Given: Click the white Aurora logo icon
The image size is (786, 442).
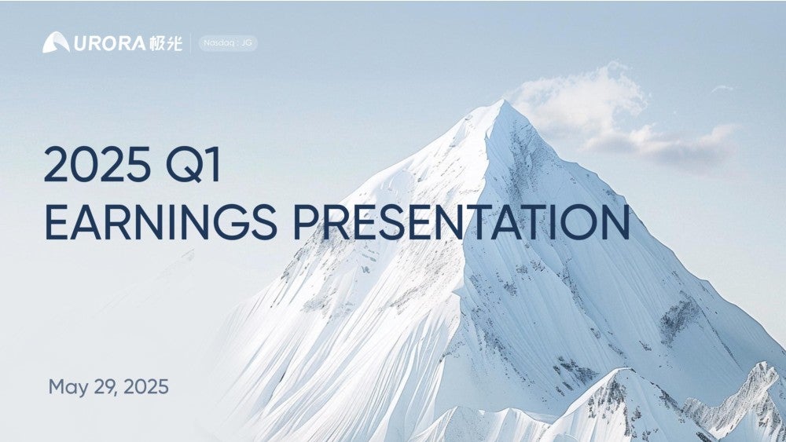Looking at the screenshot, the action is click(x=56, y=42).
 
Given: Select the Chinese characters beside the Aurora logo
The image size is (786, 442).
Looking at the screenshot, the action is click(x=165, y=43).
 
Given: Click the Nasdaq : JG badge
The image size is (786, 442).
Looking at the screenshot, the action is click(x=228, y=43).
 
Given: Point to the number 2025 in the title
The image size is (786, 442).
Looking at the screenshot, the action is click(x=97, y=164).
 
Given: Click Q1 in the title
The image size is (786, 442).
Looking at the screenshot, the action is click(x=193, y=165).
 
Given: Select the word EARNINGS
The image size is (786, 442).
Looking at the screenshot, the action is click(x=161, y=221).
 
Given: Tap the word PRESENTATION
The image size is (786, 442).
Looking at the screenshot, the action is click(x=461, y=221).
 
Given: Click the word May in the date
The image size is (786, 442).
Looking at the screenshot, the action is click(x=68, y=388).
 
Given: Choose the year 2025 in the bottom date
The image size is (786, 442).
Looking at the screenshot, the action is click(x=146, y=387).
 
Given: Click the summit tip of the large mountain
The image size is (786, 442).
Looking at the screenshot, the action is click(x=501, y=100).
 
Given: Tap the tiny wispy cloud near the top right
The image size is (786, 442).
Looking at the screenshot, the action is click(x=722, y=89).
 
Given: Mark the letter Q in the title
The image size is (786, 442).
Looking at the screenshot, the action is click(x=182, y=165).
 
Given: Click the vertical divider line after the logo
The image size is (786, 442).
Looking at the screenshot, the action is click(x=190, y=43).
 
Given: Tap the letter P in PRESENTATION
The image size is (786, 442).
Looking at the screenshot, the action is click(x=306, y=221).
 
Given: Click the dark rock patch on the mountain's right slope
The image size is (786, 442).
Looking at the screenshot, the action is click(x=679, y=318).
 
